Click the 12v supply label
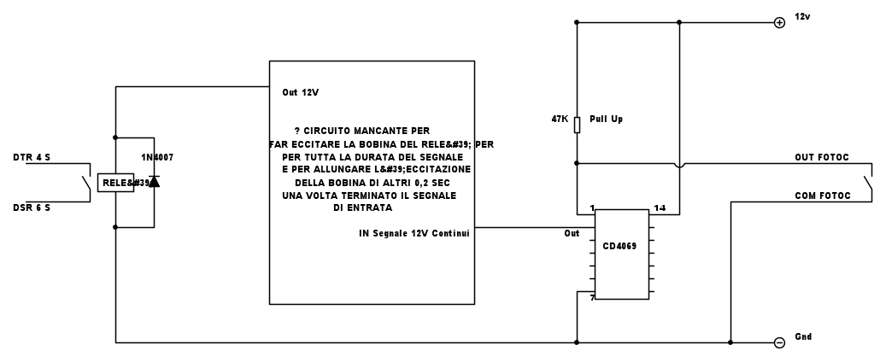[x=802, y=17]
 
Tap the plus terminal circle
[x=779, y=22]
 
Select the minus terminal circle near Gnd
[x=779, y=342]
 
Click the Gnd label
[x=803, y=336]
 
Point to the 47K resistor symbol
[x=577, y=125]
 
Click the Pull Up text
[x=606, y=120]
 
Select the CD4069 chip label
[x=620, y=246]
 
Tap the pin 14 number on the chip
[x=660, y=207]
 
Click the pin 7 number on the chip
[x=592, y=298]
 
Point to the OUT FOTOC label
[x=822, y=158]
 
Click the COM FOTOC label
[x=822, y=196]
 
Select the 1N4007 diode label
[x=157, y=158]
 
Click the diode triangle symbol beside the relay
[x=154, y=182]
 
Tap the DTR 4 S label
[x=32, y=158]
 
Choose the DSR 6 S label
[x=32, y=207]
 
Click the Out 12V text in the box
[x=300, y=92]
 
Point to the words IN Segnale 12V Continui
[x=414, y=233]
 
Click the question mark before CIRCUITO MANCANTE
[x=297, y=131]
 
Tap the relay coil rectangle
[x=116, y=183]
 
